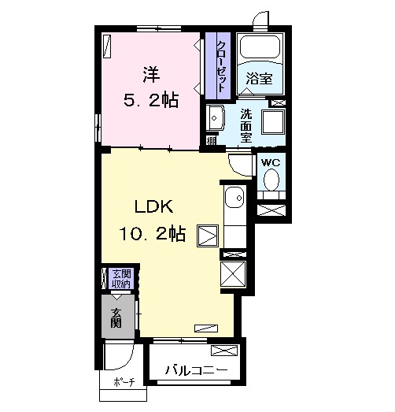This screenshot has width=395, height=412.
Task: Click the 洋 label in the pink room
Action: (151, 75)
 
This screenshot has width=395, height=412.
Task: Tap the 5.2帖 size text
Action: (151, 100)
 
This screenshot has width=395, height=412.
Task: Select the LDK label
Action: (154, 206)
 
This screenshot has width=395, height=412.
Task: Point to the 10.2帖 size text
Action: (153, 234)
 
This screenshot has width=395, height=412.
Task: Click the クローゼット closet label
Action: (220, 66)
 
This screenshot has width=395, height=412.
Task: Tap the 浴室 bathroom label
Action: (259, 78)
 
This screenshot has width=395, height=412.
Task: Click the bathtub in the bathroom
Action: (260, 46)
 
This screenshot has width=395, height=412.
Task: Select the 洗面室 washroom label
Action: (246, 125)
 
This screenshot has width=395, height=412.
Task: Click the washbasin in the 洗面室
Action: (216, 118)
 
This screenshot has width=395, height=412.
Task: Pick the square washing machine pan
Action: (273, 121)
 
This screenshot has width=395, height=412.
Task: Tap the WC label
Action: (271, 163)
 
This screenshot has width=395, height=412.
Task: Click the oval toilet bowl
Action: (271, 180)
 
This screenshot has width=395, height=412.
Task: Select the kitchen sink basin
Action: (234, 198)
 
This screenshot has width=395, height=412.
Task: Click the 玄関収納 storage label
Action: (121, 279)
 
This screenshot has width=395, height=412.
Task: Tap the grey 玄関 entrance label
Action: (116, 318)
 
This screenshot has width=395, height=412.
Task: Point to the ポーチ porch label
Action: (124, 382)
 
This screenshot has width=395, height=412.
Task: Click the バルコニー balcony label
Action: (196, 370)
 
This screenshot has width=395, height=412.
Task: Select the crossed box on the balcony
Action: (224, 351)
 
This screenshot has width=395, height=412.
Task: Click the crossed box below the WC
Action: (271, 210)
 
